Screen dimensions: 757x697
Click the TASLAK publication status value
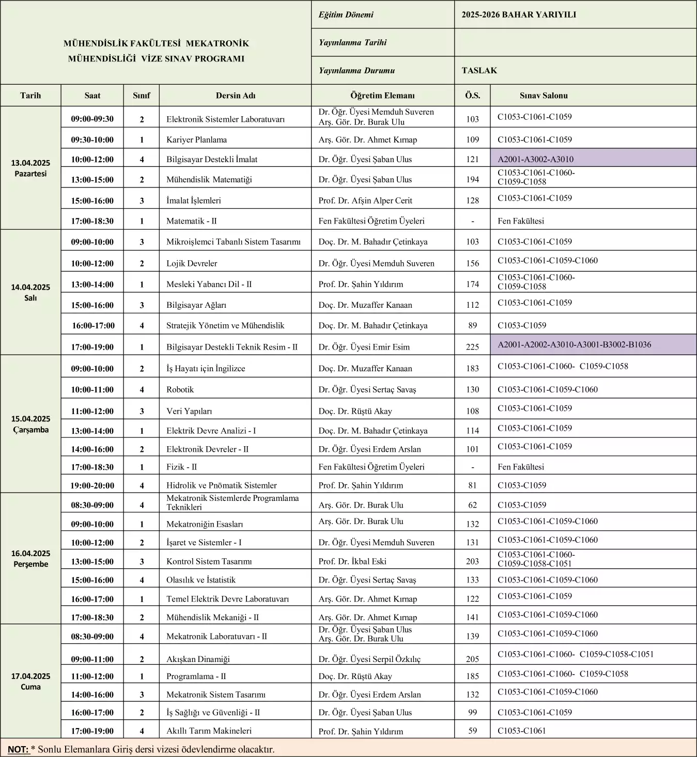point(479,71)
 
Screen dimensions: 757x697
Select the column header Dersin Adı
point(236,96)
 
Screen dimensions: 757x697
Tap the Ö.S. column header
point(472,96)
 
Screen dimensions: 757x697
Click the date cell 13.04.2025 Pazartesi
point(30,168)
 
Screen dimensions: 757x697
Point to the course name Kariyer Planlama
point(196,140)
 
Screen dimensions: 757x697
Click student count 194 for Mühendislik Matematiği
point(472,180)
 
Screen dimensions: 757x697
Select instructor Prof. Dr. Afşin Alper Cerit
point(365,201)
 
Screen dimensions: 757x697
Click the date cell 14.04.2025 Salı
point(30,292)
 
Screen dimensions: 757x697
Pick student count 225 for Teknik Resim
point(472,347)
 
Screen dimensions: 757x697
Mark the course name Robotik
point(180,390)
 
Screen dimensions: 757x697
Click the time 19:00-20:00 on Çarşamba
point(92,485)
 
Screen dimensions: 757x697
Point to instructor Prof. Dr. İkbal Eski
point(352,561)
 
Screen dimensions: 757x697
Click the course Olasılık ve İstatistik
point(200,580)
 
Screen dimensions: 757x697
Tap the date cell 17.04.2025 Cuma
point(30,681)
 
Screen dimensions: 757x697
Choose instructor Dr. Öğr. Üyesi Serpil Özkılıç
point(369,659)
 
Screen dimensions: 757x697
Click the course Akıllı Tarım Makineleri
point(209,731)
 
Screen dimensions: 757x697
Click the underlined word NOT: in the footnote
point(19,749)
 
